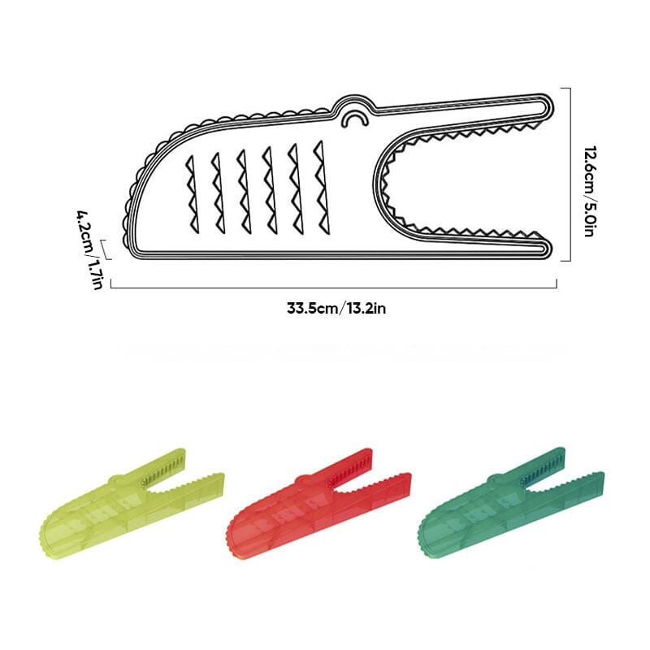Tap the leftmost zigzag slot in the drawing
click(x=192, y=193)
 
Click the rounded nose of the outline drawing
click(x=130, y=203)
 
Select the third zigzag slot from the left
click(x=241, y=189)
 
